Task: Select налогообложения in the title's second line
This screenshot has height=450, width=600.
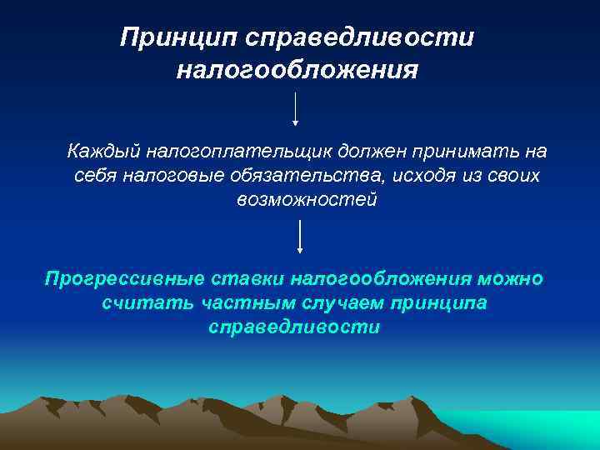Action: pos(297,69)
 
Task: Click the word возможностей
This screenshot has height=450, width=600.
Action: pos(307,200)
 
